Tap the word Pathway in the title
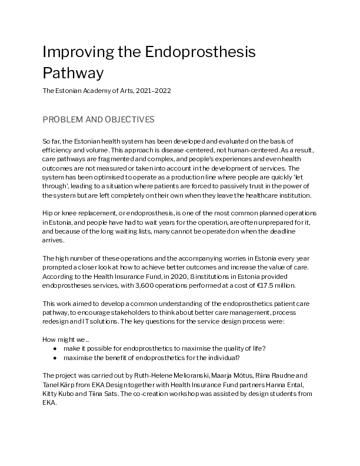click(x=73, y=72)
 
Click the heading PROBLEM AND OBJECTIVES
click(x=98, y=119)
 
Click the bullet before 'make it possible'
click(x=55, y=348)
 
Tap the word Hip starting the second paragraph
click(x=48, y=211)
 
